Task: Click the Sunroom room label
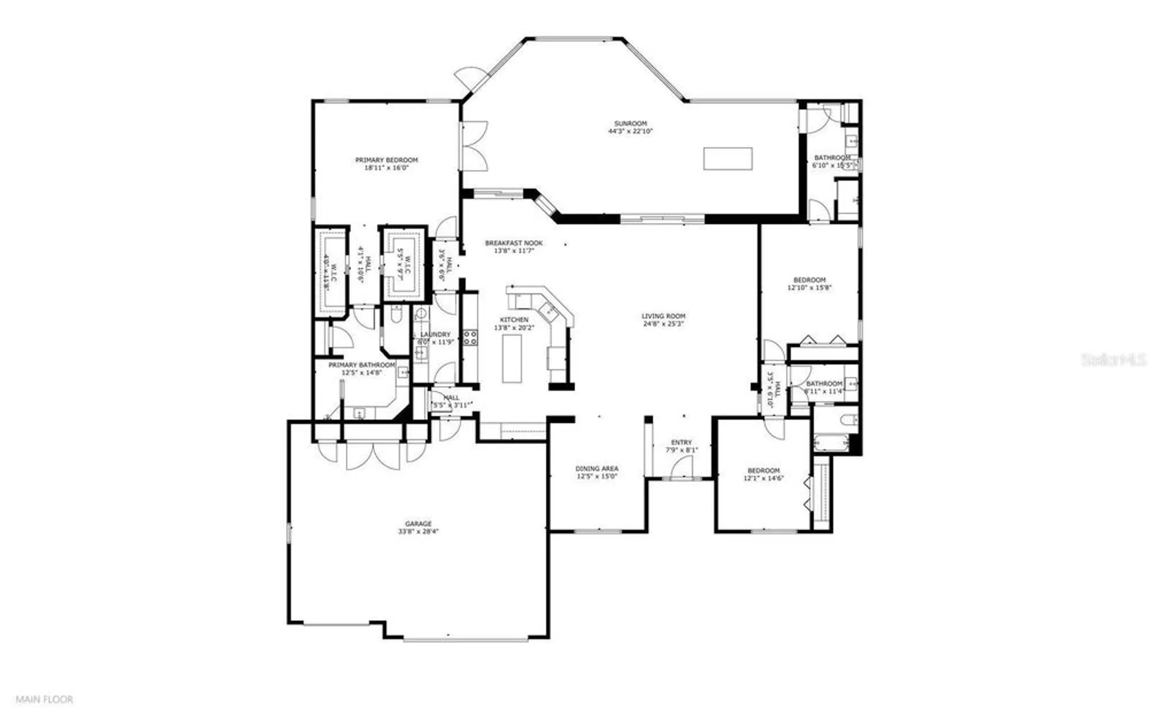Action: coord(630,123)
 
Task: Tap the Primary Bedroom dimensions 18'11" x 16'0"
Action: coord(386,168)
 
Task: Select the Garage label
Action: coord(418,524)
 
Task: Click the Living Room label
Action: coord(663,316)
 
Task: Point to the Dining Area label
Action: coord(597,469)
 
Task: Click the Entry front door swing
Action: coord(681,470)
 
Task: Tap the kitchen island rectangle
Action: coord(511,358)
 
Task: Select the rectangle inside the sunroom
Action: coord(727,159)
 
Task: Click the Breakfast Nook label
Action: coord(514,243)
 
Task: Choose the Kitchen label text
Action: coord(514,320)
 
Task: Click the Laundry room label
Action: coord(435,335)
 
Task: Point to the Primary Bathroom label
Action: coord(361,365)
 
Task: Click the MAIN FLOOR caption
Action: coord(44,700)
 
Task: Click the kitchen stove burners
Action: coord(470,338)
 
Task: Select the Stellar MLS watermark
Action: coord(1113,360)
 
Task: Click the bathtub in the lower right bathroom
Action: coord(831,443)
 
